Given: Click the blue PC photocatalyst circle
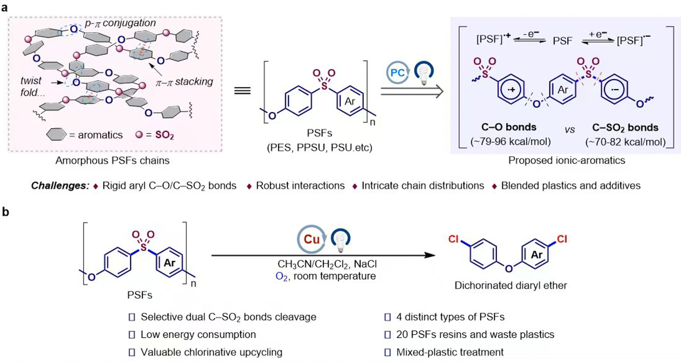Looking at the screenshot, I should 397,73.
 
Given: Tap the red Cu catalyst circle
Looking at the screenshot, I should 311,239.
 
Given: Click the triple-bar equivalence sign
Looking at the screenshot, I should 242,91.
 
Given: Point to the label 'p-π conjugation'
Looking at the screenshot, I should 120,23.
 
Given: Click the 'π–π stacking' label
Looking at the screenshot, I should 184,82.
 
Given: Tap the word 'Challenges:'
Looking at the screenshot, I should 60,186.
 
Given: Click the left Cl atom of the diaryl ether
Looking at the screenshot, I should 454,239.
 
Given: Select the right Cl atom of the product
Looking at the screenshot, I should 562,239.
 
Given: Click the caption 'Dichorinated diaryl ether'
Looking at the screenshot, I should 511,285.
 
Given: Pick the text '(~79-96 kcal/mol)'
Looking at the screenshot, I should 510,141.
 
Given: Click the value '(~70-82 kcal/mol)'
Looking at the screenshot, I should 625,142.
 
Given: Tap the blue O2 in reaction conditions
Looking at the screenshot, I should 282,276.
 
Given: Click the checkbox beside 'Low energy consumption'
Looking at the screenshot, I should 132,335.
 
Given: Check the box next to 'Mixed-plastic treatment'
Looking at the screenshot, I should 387,352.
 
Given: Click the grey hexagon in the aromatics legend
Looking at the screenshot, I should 56,135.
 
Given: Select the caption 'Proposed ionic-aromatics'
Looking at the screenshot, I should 567,160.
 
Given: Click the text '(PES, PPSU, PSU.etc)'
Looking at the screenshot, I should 319,148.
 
